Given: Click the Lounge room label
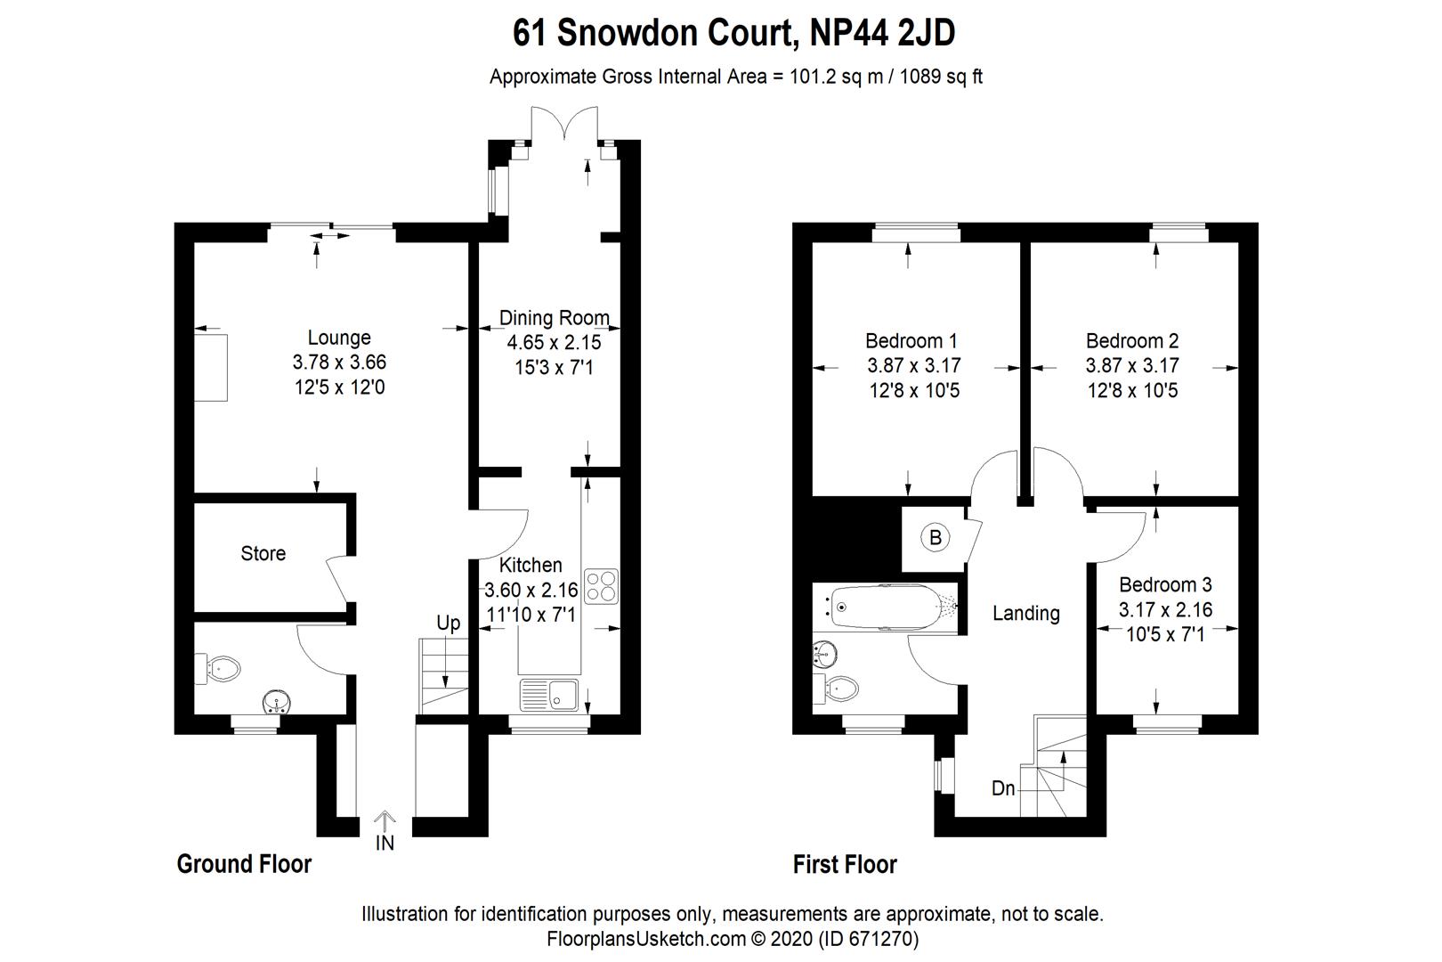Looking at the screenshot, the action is (x=339, y=338).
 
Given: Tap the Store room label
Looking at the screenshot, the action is (x=263, y=553).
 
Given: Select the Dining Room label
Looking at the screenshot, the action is (x=555, y=318).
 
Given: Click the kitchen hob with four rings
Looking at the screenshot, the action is (x=601, y=585).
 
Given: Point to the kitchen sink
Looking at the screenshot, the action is (x=549, y=694).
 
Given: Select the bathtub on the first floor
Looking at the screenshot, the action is (x=887, y=607).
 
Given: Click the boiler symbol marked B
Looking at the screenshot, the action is (x=936, y=537).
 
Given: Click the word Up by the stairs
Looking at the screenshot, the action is (x=449, y=623).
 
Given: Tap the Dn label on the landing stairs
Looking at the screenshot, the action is (x=1003, y=788).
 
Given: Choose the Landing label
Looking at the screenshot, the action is (x=1026, y=613).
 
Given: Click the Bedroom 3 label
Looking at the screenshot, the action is (x=1165, y=584).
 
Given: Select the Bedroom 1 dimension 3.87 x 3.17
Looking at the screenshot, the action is (x=914, y=365).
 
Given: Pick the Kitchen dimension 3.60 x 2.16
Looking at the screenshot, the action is (x=531, y=590).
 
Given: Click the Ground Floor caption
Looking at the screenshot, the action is (x=244, y=864).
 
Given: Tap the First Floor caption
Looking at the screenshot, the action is (x=845, y=864).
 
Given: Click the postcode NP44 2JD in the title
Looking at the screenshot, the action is (x=883, y=34).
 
